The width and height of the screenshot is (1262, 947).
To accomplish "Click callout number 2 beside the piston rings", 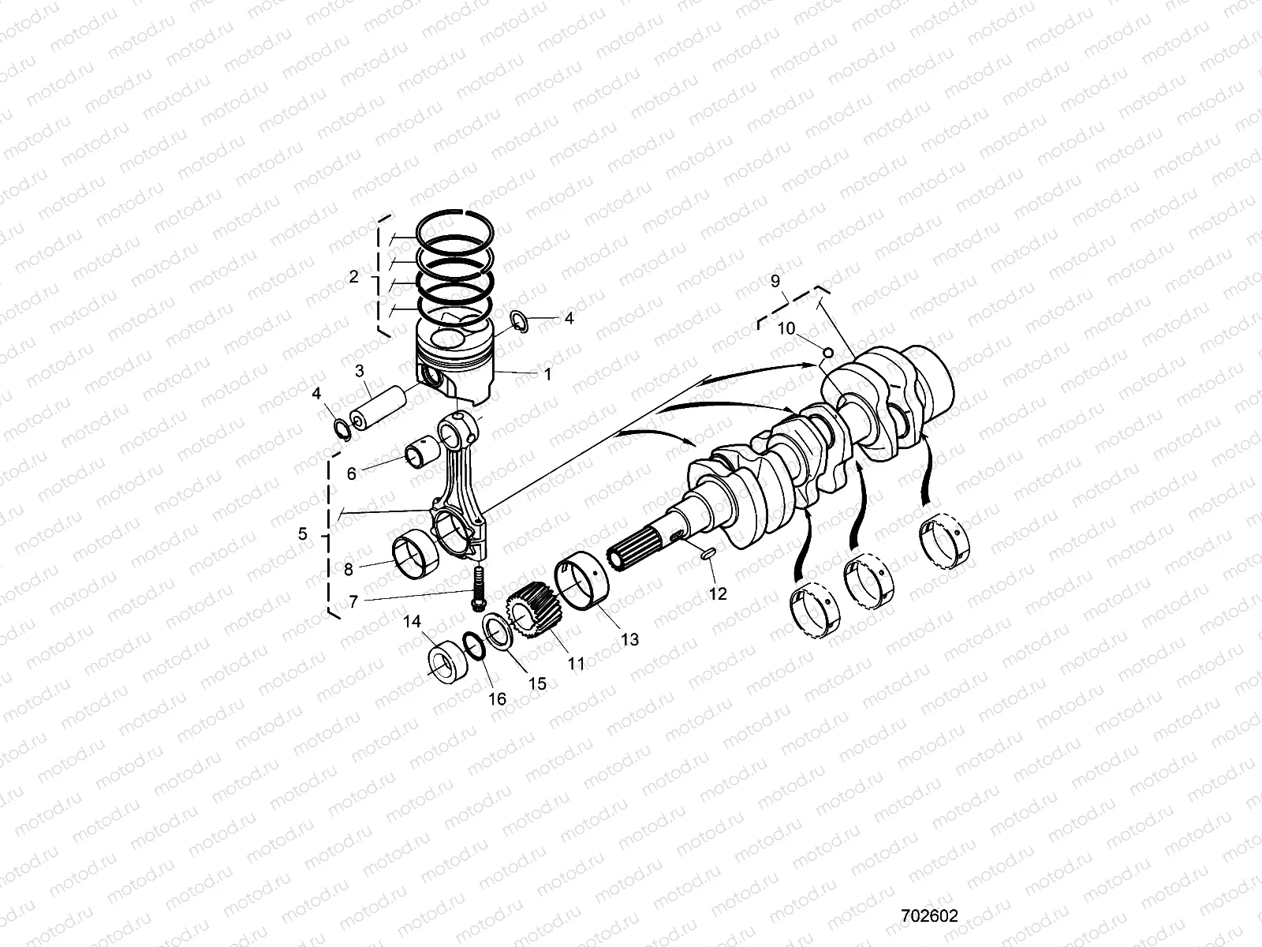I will (353, 277).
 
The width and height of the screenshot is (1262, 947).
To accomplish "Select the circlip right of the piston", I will (519, 320).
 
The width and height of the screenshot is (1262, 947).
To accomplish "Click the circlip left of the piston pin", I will (342, 429).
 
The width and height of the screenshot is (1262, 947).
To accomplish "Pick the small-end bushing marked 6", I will (419, 456).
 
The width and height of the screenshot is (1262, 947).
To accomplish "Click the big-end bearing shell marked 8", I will (415, 552).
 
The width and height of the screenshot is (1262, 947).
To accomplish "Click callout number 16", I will (498, 699).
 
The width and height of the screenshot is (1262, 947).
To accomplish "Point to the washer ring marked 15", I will (498, 634).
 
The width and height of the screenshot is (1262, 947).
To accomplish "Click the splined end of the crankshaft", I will (636, 558).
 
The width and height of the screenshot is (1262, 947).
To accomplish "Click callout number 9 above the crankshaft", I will (775, 280).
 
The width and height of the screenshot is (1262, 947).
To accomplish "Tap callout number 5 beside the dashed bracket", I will (303, 534).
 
